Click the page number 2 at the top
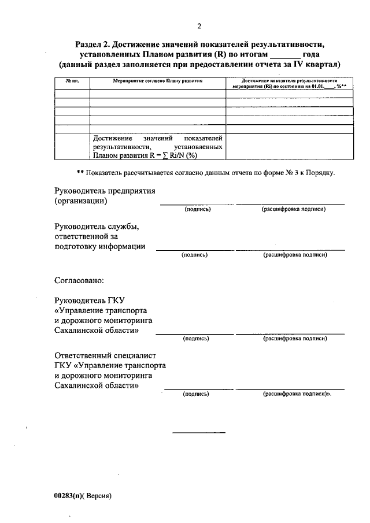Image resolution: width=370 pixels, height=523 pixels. click(199, 26)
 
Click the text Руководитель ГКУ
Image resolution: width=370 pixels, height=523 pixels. click(90, 301)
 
